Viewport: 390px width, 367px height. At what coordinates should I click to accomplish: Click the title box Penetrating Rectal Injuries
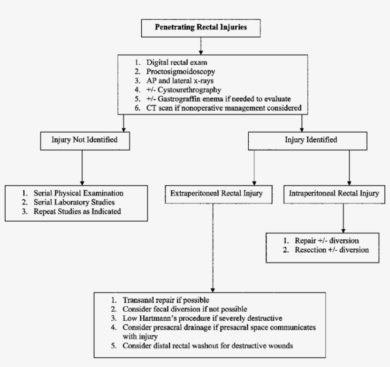pyautogui.click(x=201, y=28)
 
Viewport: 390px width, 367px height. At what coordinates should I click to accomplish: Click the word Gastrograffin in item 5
pyautogui.click(x=178, y=99)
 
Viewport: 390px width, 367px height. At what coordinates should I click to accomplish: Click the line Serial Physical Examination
pyautogui.click(x=78, y=194)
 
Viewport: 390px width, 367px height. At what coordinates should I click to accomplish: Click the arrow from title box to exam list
pyautogui.click(x=201, y=45)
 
